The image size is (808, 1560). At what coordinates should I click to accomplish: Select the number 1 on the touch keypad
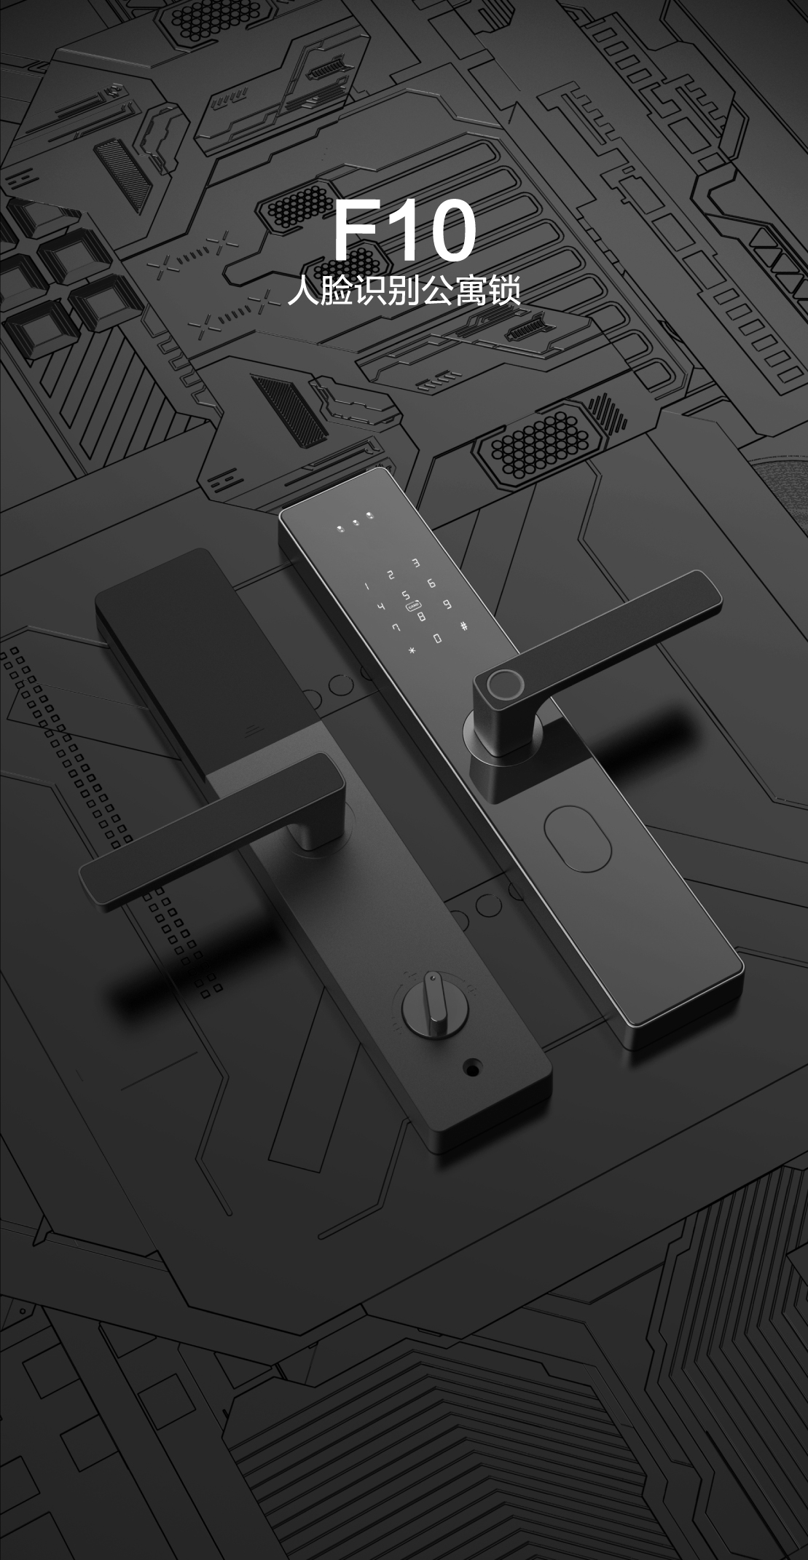click(x=367, y=586)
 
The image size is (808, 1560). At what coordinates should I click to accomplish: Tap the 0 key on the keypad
click(x=437, y=639)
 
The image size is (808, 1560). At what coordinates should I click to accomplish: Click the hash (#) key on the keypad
click(x=464, y=626)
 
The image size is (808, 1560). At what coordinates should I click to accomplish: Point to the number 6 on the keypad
click(x=432, y=583)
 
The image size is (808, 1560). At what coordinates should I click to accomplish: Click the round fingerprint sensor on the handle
click(x=501, y=684)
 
